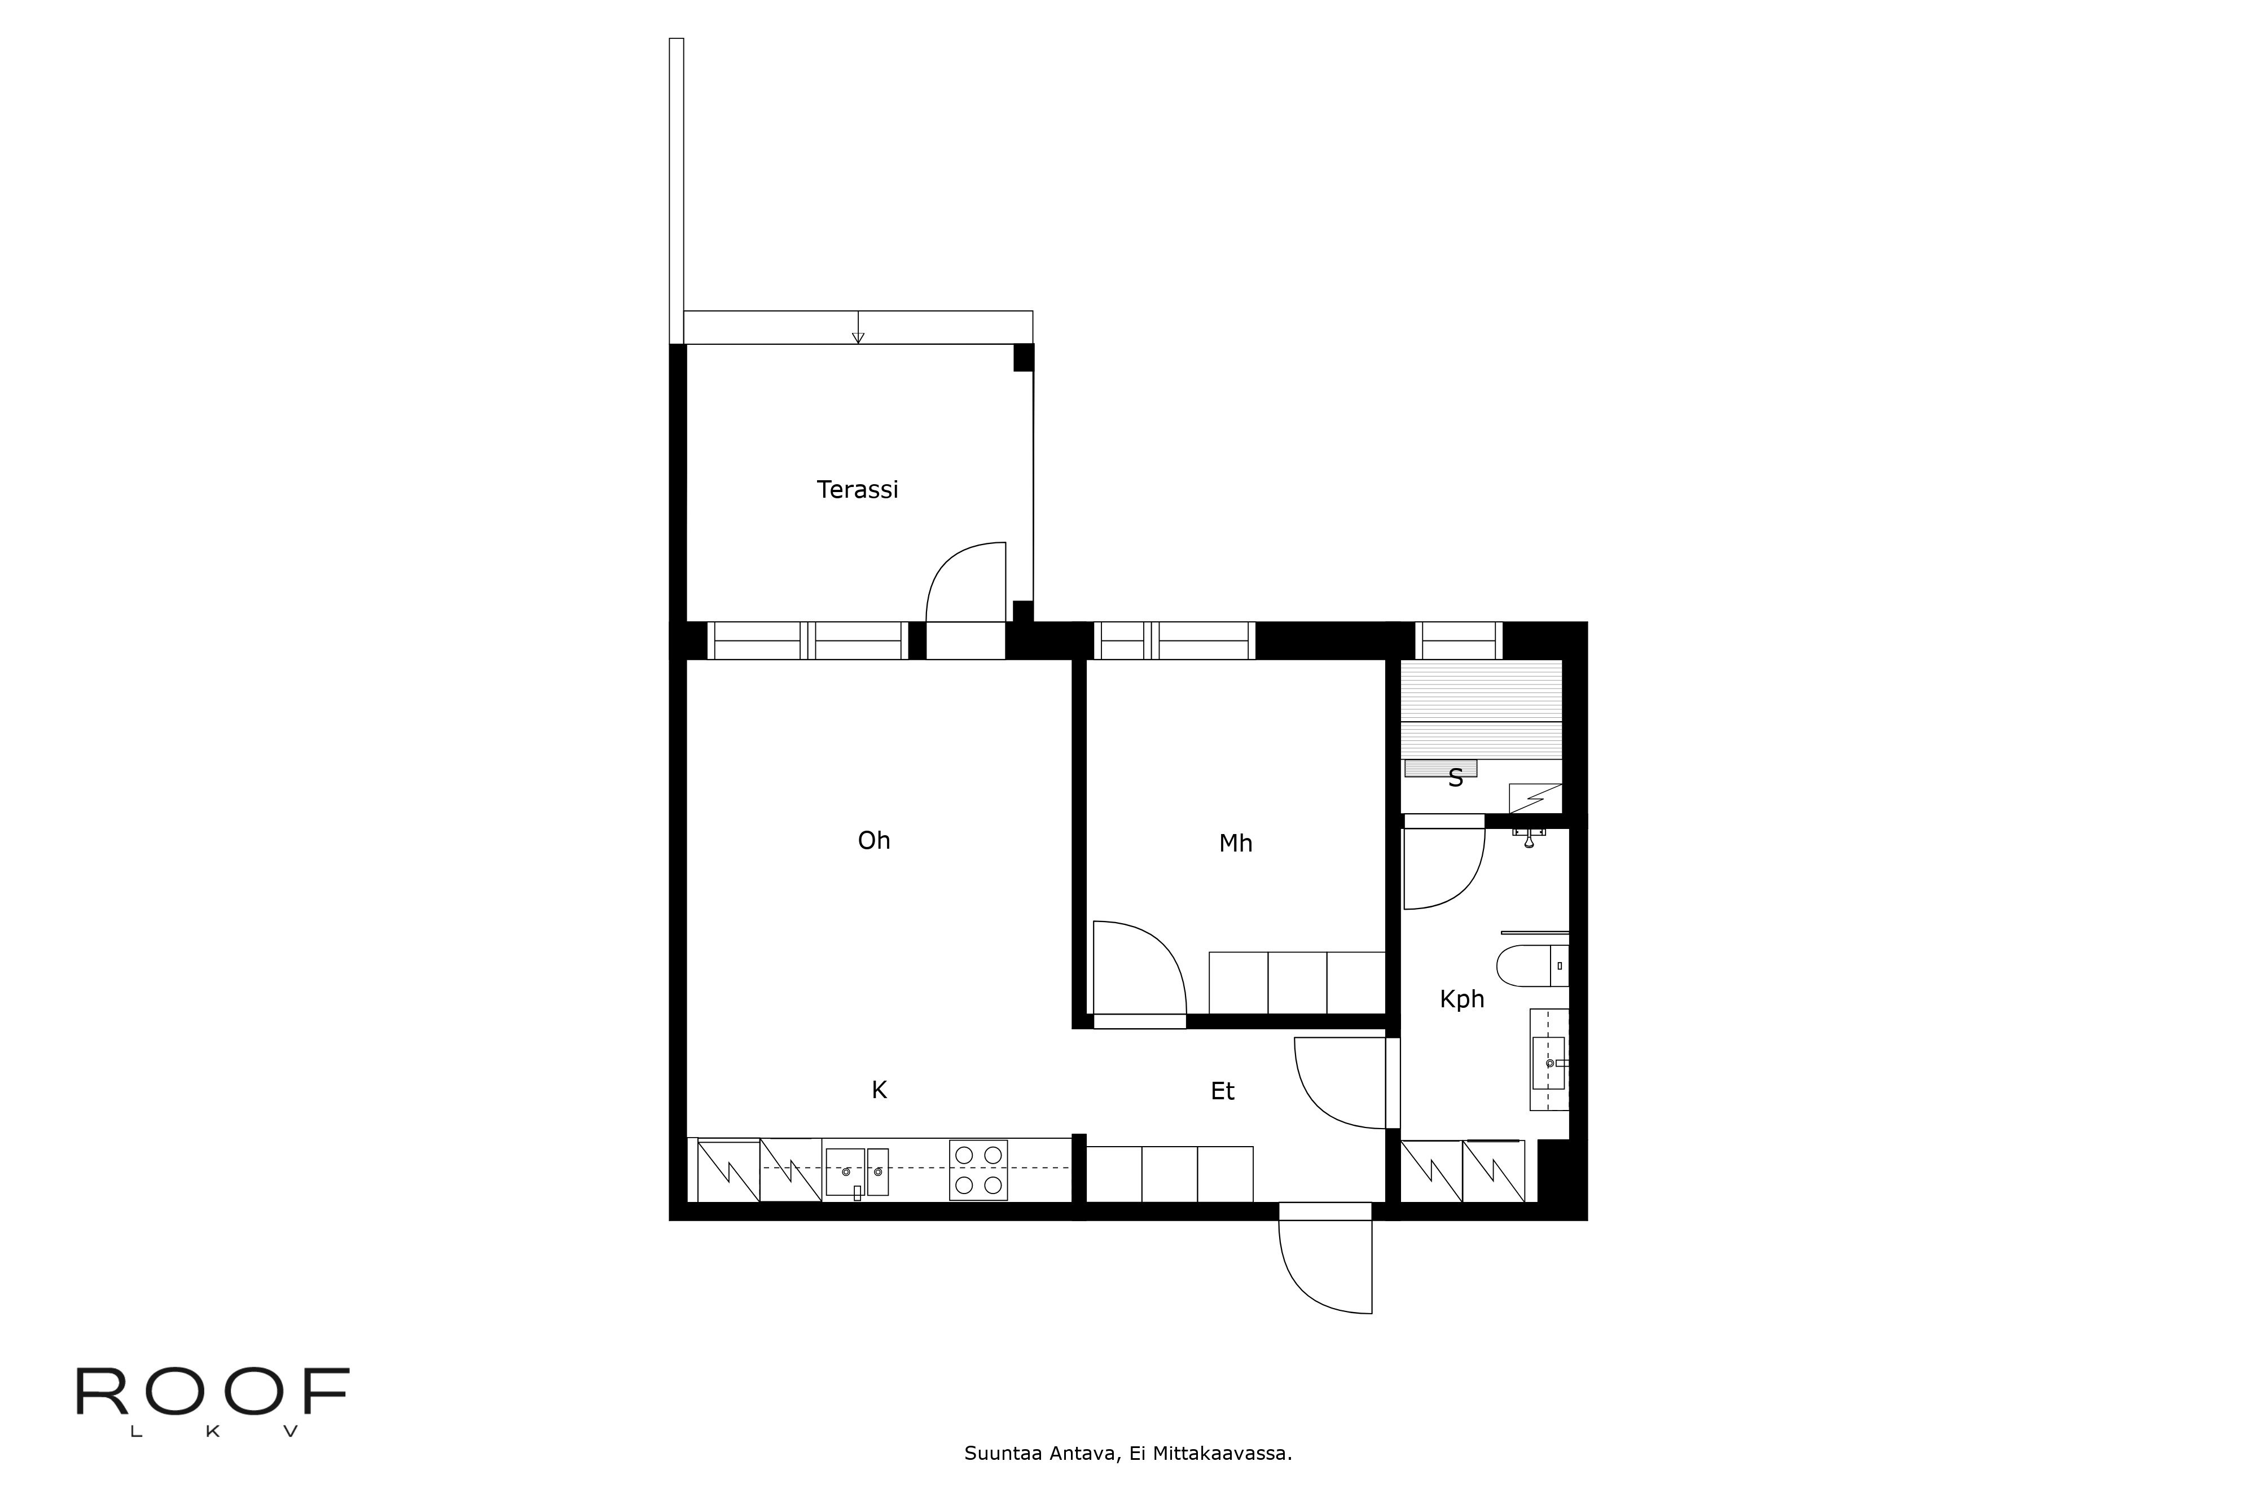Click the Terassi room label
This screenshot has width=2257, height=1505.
(x=857, y=489)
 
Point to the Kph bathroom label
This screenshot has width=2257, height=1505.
(x=1461, y=999)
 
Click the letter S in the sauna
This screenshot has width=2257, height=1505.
(x=1455, y=778)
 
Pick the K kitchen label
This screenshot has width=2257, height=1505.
(x=878, y=1090)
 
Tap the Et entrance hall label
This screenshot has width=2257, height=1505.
(x=1222, y=1091)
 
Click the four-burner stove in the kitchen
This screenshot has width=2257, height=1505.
(x=978, y=1170)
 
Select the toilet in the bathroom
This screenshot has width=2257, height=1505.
(x=1531, y=966)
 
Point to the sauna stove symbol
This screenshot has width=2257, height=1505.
(x=1534, y=797)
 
